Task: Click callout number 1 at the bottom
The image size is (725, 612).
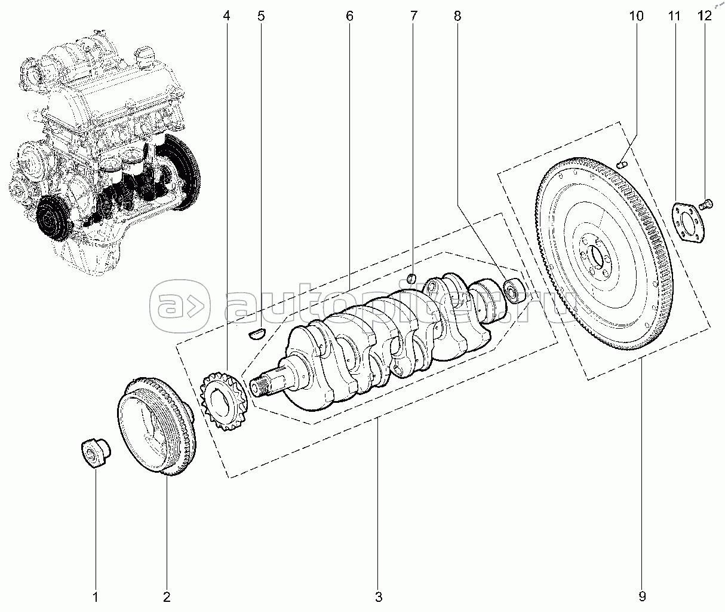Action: point(95,596)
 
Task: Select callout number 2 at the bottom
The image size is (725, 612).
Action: point(167,596)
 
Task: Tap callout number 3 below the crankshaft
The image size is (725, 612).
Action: point(379,596)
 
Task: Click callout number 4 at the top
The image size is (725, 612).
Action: point(226,16)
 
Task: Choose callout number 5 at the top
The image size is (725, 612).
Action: point(261,16)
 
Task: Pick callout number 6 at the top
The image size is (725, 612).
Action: point(349,16)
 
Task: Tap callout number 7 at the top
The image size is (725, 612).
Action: point(414,16)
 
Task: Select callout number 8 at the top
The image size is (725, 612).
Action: point(457,16)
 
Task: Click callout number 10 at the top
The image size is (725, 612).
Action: point(636,16)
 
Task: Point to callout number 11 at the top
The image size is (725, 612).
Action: point(674,16)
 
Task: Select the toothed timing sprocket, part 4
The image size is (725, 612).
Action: point(224,397)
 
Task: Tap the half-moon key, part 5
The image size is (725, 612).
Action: point(257,332)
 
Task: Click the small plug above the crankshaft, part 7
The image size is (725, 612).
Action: point(411,278)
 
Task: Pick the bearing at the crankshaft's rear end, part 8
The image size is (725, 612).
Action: point(514,290)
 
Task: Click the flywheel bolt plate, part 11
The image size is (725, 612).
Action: point(688,221)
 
